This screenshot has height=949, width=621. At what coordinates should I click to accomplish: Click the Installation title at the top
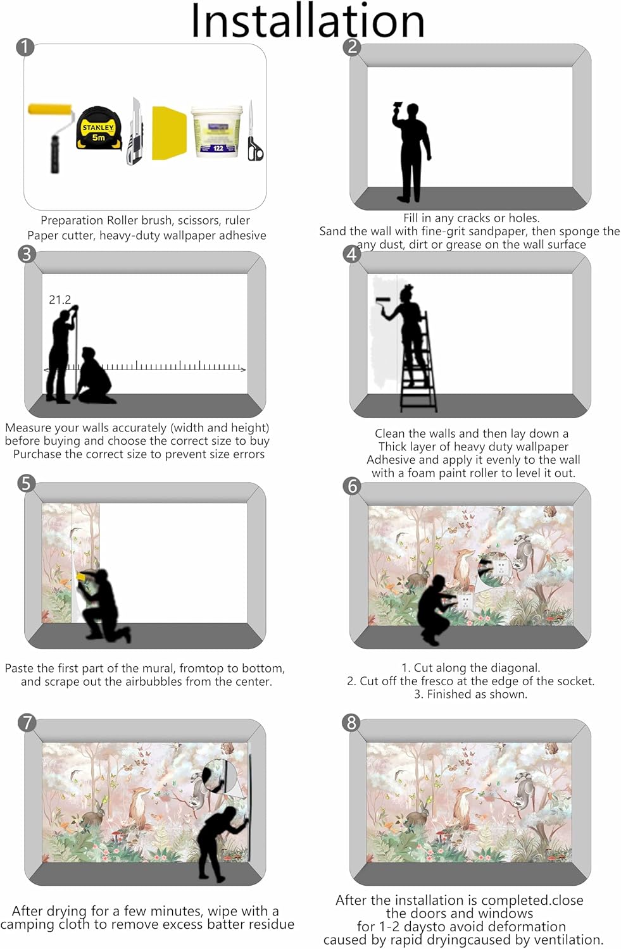308,20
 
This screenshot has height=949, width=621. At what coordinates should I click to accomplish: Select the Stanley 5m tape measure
99,129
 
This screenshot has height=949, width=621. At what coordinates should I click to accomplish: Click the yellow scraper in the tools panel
169,133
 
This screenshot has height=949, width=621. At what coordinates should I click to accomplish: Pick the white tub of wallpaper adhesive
216,132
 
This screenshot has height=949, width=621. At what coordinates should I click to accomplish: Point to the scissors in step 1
254,131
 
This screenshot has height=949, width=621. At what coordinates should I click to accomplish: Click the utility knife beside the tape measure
135,131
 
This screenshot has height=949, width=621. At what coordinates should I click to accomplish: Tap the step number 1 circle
25,47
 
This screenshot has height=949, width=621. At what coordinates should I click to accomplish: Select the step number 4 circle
352,254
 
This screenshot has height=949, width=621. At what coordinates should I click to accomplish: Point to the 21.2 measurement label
60,300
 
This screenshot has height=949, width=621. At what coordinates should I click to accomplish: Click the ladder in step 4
418,363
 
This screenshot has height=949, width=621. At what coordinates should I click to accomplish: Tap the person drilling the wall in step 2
410,151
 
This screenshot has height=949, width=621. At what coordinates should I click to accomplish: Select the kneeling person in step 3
94,375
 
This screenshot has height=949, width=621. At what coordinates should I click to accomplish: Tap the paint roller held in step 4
384,302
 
